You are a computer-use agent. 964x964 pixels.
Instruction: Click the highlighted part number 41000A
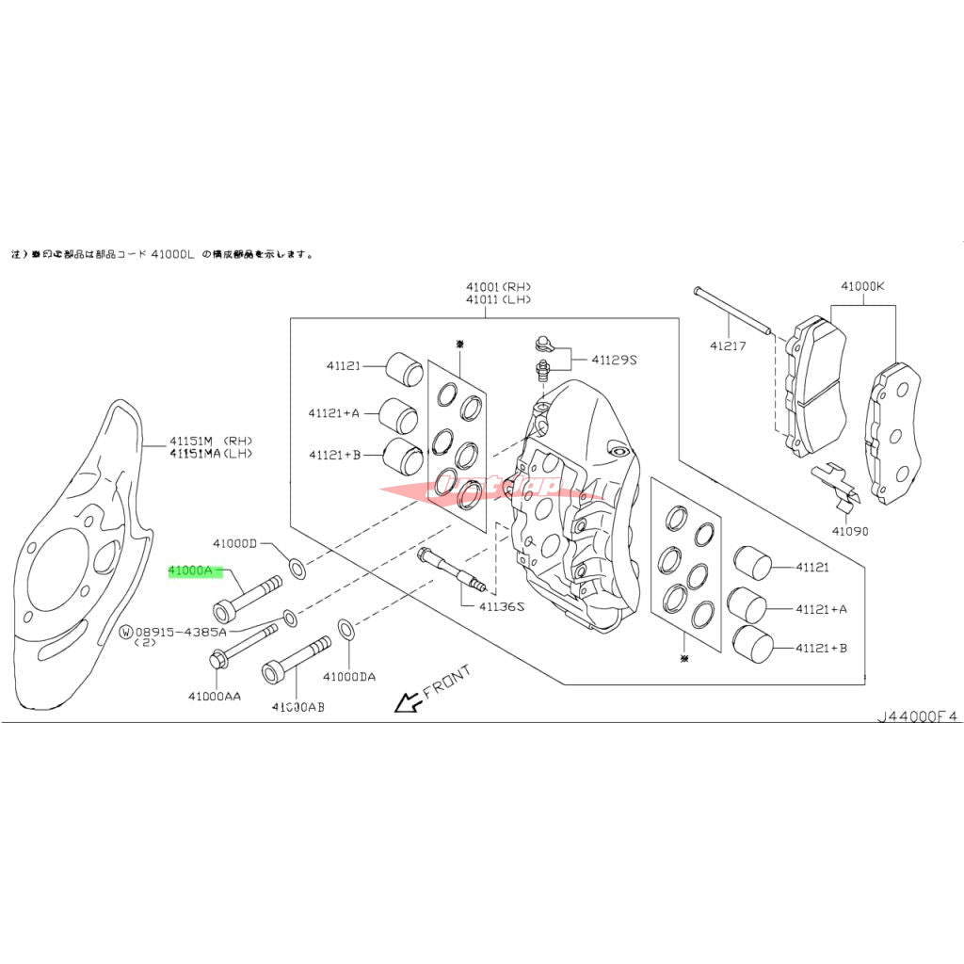194,571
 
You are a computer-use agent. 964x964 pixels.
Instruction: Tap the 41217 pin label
728,345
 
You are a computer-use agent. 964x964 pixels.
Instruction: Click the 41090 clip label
848,531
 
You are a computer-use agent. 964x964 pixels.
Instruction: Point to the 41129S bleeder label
615,360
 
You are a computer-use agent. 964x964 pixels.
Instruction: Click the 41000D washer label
234,543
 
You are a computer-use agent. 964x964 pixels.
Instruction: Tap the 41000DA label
348,676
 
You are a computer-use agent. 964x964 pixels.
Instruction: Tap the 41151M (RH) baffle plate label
212,441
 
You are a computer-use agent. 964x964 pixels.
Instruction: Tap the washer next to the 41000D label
297,567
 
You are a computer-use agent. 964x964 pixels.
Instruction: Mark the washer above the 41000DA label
345,628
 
